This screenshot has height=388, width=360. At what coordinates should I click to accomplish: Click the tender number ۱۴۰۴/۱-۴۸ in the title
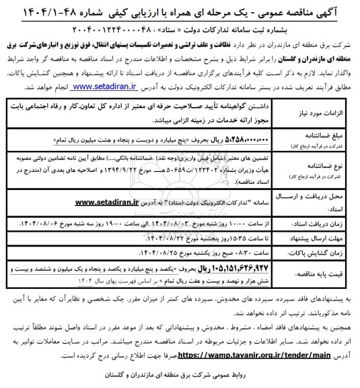point(43,11)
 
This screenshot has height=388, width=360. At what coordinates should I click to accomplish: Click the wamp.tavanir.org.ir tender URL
point(131,352)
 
